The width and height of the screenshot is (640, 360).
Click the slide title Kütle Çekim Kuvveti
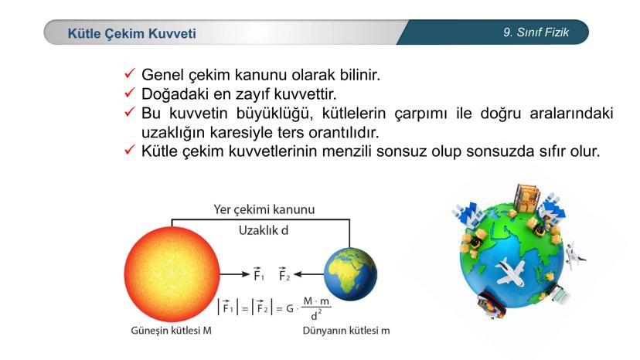(x=131, y=33)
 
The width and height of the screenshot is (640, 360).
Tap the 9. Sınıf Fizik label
(x=536, y=32)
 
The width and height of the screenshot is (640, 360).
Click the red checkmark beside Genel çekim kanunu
(x=130, y=73)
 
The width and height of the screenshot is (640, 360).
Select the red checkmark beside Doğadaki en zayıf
(x=130, y=93)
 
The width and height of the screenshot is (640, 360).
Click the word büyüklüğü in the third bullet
(x=274, y=113)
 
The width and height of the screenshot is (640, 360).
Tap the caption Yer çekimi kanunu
(x=264, y=209)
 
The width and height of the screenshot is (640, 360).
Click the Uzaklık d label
(x=264, y=230)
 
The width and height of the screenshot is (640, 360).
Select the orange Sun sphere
(x=172, y=274)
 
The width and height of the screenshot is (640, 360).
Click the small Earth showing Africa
(x=350, y=274)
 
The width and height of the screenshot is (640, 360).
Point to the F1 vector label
(x=258, y=274)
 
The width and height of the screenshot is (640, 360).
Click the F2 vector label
(x=284, y=274)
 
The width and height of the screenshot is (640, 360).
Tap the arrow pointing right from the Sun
(x=234, y=274)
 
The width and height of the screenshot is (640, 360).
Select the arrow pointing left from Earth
(x=309, y=274)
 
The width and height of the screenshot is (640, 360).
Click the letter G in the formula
(x=289, y=308)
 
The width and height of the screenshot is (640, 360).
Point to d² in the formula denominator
(x=316, y=314)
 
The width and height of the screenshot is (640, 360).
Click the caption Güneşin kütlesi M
(x=171, y=330)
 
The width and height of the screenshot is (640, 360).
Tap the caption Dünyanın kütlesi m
(x=346, y=330)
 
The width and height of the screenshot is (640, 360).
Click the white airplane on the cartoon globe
(x=510, y=270)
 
